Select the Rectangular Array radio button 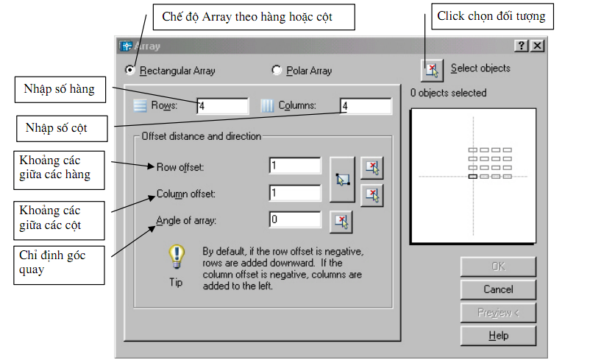click(x=130, y=71)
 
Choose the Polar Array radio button click(x=277, y=71)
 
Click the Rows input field click(x=222, y=106)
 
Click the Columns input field click(x=366, y=106)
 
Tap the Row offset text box click(x=295, y=166)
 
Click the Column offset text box click(x=295, y=193)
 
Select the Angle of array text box click(x=295, y=219)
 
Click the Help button click(x=498, y=336)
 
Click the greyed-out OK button click(x=498, y=267)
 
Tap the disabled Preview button click(x=498, y=313)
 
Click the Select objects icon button click(x=432, y=70)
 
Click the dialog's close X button click(x=538, y=46)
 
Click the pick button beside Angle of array click(x=341, y=220)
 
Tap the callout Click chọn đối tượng click(x=491, y=15)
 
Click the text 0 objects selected click(x=449, y=93)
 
